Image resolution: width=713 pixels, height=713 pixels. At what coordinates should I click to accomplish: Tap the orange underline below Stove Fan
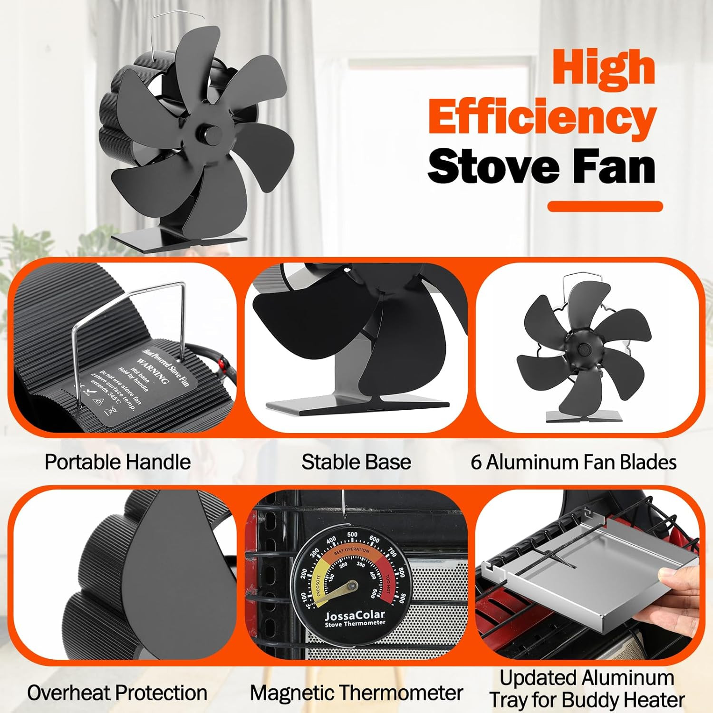[x=605, y=206]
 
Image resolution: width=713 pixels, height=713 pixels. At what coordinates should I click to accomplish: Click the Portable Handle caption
[x=117, y=462]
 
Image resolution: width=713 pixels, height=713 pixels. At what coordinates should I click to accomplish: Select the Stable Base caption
[x=356, y=462]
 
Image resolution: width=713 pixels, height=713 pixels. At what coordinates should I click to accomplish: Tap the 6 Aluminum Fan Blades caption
[x=574, y=462]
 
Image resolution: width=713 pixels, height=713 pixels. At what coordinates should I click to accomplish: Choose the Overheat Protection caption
[x=117, y=693]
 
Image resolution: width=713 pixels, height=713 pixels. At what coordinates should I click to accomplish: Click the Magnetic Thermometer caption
[x=356, y=693]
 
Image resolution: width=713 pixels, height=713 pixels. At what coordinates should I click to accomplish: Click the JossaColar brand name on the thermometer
[x=355, y=616]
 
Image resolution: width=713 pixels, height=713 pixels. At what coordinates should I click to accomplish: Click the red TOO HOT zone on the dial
[x=393, y=582]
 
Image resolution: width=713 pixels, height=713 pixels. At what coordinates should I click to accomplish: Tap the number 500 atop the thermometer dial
[x=352, y=535]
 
